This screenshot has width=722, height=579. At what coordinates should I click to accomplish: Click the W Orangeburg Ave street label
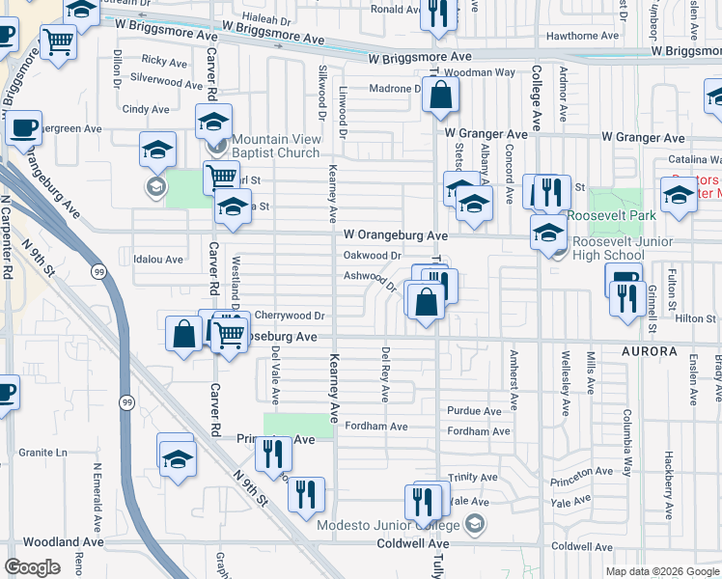396,234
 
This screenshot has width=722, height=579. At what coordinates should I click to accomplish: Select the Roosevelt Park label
611,215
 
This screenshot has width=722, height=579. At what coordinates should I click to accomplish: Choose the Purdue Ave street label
474,411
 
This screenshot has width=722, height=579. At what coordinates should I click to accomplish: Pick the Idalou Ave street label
158,260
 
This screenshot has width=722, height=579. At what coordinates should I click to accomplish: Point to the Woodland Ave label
63,542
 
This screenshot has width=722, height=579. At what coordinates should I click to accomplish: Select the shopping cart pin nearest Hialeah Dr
59,41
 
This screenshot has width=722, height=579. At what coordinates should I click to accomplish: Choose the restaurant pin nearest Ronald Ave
438,14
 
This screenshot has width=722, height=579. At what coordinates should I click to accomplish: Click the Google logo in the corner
33,566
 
